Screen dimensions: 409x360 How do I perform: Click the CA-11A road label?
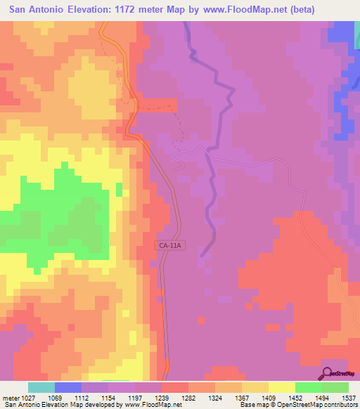tap(170, 245)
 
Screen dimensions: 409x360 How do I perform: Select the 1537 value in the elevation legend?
tap(349, 397)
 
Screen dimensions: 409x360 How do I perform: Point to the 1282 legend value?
tap(188, 397)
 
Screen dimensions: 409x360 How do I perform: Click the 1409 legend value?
tap(269, 397)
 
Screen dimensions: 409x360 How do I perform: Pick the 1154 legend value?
tap(108, 397)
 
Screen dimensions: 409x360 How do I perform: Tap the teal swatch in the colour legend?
tap(41, 387)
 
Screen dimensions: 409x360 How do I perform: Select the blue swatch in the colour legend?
tap(68, 387)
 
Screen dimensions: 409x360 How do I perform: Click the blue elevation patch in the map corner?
tap(345, 35)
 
